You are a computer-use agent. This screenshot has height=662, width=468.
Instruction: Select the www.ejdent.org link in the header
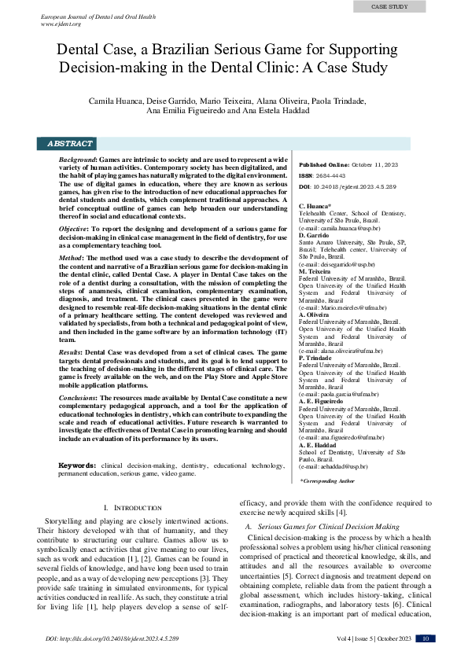(x=61, y=24)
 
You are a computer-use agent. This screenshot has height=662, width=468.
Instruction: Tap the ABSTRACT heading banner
(x=70, y=144)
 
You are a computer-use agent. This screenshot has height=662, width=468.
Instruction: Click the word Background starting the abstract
(x=77, y=160)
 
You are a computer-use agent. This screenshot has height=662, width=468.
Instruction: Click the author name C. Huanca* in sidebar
(x=315, y=205)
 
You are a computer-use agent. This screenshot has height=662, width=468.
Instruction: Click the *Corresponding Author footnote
(x=328, y=480)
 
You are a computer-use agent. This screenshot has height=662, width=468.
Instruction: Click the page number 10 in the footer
(x=425, y=638)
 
